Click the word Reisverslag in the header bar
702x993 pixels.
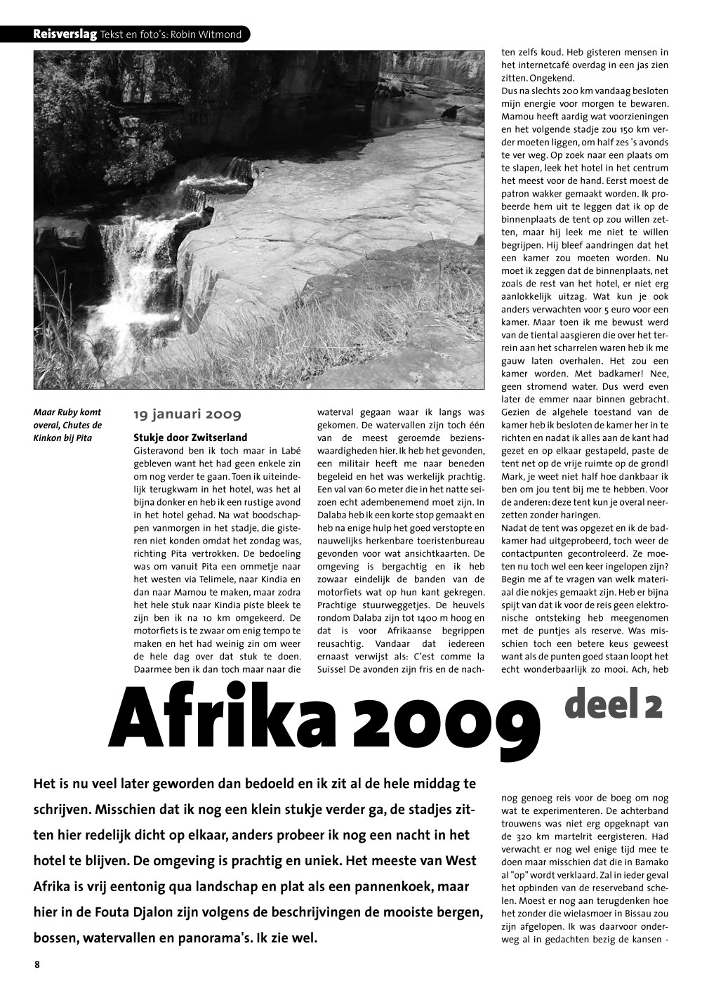coord(65,34)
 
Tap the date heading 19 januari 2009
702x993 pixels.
coord(187,415)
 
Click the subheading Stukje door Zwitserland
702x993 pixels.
coord(190,438)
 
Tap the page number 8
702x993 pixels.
coord(37,964)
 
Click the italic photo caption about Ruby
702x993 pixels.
coord(67,425)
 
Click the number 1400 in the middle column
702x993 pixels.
coord(416,618)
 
